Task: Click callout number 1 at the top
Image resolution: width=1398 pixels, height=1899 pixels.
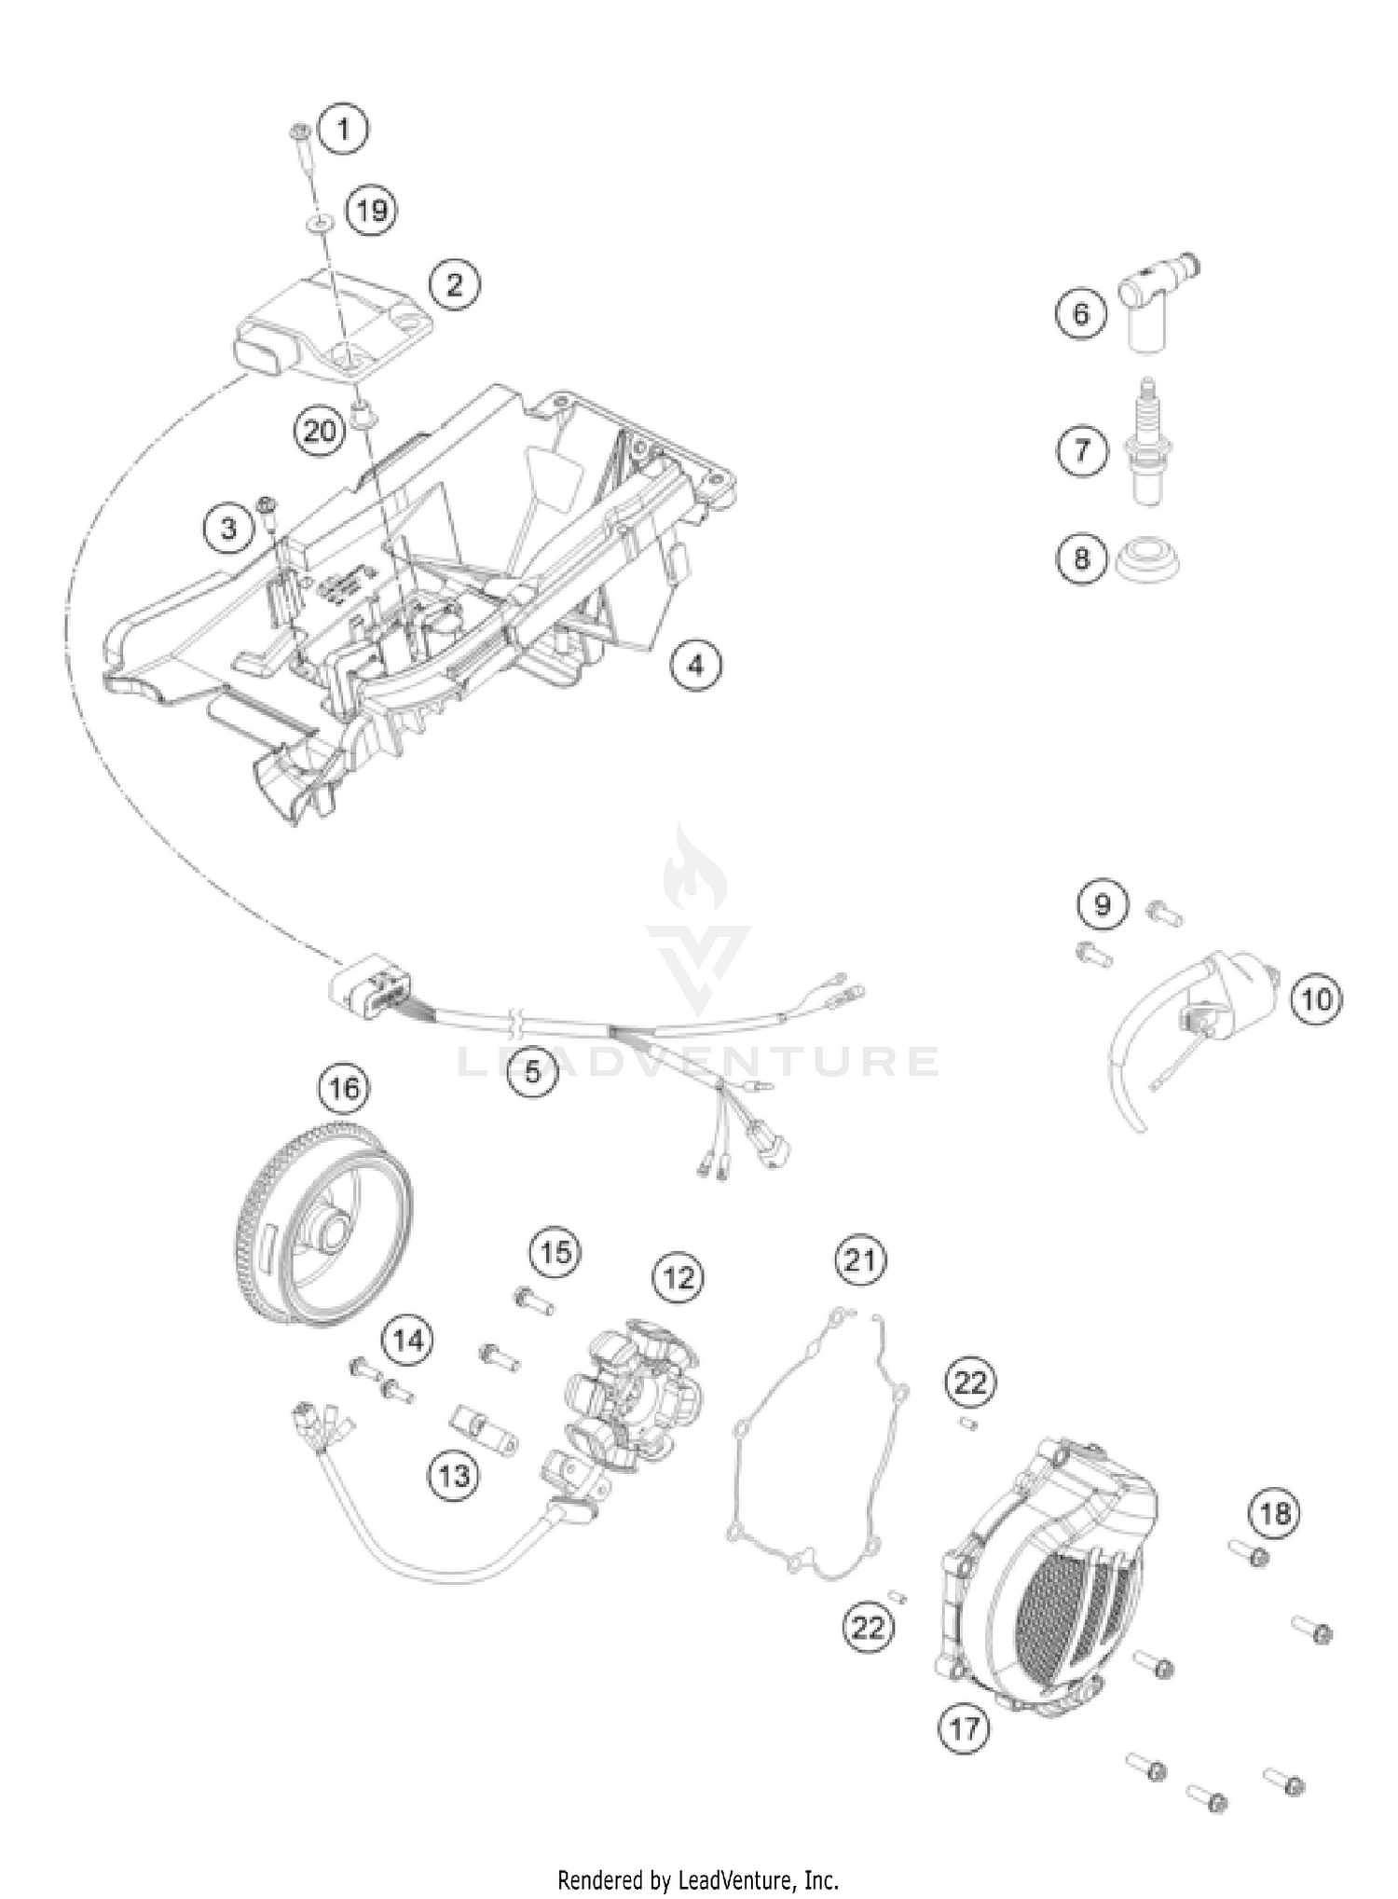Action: click(x=344, y=128)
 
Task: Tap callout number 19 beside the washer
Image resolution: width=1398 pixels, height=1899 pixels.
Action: click(x=372, y=210)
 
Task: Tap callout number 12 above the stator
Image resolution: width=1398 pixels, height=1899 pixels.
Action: click(x=678, y=1276)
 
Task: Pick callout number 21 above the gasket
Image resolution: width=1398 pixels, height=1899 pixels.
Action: click(x=859, y=1260)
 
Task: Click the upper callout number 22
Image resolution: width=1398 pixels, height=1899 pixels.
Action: click(x=970, y=1382)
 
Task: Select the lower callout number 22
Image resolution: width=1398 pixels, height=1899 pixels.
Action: click(x=868, y=1627)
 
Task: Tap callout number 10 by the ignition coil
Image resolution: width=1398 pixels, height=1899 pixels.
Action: click(x=1316, y=999)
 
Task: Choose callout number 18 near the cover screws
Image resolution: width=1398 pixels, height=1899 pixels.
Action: click(x=1275, y=1512)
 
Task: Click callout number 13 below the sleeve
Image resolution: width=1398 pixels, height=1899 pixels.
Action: click(x=454, y=1476)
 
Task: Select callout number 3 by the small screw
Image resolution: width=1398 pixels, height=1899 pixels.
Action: click(x=229, y=530)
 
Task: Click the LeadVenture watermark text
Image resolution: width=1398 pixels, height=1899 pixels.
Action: click(x=699, y=1061)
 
